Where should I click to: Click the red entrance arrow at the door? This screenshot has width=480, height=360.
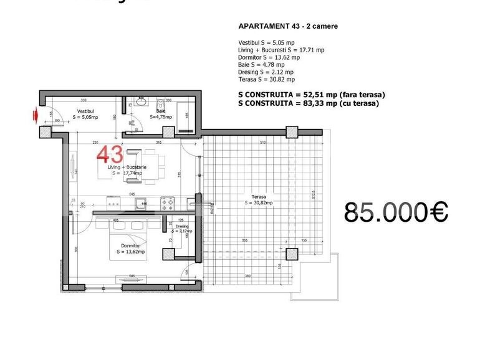tap(37, 115)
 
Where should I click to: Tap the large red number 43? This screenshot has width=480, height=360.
tap(110, 154)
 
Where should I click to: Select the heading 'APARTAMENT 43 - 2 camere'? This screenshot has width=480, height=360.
tap(288, 27)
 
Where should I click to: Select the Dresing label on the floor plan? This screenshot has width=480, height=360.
tap(181, 228)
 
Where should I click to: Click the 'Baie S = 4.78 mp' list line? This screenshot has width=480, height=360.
tap(261, 65)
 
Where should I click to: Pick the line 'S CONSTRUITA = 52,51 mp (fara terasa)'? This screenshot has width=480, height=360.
tap(312, 95)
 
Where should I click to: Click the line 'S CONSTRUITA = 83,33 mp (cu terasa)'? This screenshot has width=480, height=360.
tap(309, 103)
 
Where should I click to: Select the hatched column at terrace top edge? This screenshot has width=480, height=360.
tap(292, 132)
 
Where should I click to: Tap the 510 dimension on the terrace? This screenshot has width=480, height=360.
tap(262, 143)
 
